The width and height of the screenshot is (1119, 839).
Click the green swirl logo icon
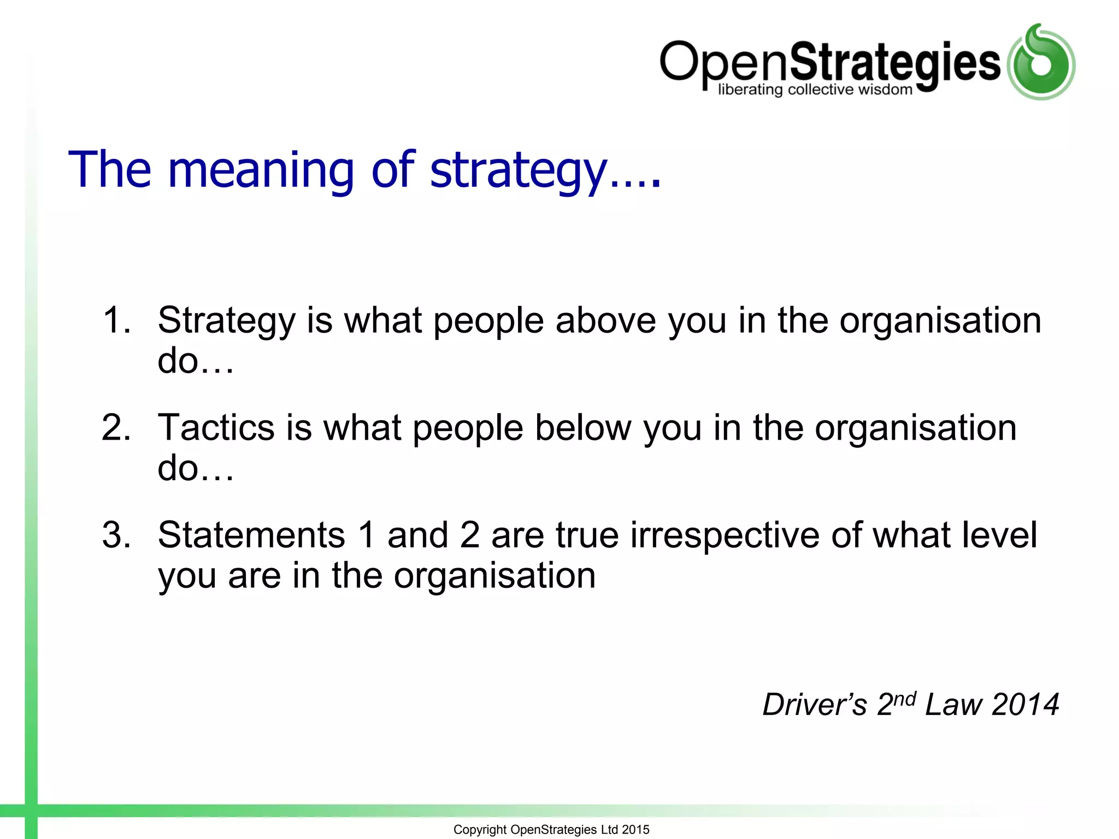tap(1041, 63)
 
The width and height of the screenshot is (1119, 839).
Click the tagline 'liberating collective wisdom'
tap(815, 90)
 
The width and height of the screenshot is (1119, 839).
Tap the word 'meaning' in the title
tap(261, 170)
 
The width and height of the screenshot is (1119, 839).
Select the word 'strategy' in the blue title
tap(519, 170)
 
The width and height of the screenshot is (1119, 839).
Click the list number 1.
tap(116, 320)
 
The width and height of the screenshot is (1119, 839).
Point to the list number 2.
tap(116, 428)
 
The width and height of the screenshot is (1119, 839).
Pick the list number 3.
tap(116, 535)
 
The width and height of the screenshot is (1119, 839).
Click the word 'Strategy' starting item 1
tap(226, 321)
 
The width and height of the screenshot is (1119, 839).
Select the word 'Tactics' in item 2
tap(216, 428)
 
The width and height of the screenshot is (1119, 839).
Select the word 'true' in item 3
tap(587, 535)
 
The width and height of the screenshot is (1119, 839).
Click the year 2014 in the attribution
tap(1025, 705)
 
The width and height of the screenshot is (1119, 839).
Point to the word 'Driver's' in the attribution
tap(814, 705)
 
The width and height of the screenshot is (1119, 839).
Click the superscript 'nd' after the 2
tap(905, 699)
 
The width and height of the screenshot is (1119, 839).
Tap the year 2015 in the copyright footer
tap(635, 830)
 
